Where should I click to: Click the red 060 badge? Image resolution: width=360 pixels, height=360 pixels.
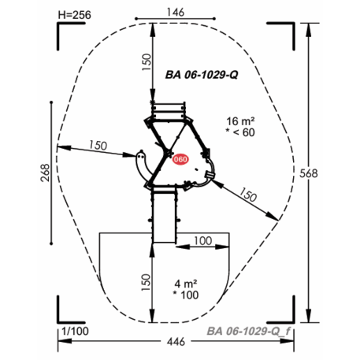coord(180,159)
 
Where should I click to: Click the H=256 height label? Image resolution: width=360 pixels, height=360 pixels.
coord(75,15)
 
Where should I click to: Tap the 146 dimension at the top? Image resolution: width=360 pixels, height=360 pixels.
coord(176,12)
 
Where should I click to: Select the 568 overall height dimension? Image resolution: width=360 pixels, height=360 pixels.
coord(309,173)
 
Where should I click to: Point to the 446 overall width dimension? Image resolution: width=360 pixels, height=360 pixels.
coord(176,342)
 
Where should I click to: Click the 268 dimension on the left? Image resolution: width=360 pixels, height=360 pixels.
coord(45,173)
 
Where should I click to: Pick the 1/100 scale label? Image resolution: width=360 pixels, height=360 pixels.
coord(75,331)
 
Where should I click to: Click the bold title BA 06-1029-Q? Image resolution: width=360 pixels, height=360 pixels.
coord(202,75)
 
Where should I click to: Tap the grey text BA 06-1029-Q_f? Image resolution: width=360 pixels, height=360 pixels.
coord(248,331)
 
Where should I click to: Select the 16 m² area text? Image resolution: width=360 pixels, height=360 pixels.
coord(240,121)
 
